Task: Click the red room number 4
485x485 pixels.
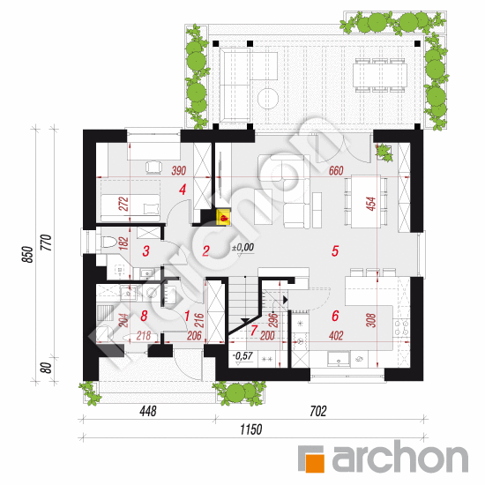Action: pos(183,190)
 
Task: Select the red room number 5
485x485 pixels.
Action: pos(335,250)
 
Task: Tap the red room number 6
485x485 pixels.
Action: pos(335,316)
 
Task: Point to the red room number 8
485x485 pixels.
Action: pos(144,316)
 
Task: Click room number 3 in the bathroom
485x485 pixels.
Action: pos(146,250)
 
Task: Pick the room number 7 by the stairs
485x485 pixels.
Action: pos(254,331)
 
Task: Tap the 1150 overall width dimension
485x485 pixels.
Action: pos(251,429)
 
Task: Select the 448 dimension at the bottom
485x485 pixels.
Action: pos(148,411)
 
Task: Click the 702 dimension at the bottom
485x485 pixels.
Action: pos(318,411)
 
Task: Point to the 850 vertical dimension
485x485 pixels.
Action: pos(27,254)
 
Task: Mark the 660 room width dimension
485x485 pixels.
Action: pos(336,170)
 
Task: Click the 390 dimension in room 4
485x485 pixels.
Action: pos(179,170)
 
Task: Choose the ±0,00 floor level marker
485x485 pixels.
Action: pos(243,247)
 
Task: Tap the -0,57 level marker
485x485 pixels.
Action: pos(243,355)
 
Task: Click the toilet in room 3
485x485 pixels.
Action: pos(108,242)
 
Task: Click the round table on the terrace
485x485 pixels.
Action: pos(268,99)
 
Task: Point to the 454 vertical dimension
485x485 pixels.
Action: pos(371,204)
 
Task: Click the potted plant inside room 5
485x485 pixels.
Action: pos(384,152)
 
